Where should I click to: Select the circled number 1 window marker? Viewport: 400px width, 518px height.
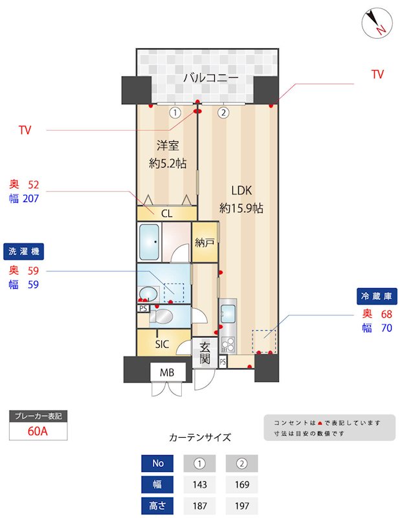point(174,112)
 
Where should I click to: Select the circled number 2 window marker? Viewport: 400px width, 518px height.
point(223,112)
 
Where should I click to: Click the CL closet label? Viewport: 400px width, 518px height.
point(166,212)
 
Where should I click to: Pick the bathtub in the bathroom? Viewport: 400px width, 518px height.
point(150,242)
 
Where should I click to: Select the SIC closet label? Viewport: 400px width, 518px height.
point(162,344)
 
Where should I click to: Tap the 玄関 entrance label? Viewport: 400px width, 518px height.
point(205,352)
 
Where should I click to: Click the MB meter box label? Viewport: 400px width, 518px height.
point(167,372)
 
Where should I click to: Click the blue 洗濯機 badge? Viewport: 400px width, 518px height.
point(27,251)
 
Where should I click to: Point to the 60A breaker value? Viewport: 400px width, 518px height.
point(38,431)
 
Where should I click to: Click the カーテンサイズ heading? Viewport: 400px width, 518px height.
point(199,437)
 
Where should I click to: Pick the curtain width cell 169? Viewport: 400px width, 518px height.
point(241,484)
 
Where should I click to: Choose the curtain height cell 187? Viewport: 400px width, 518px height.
point(200,505)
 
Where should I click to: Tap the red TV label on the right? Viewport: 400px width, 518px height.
point(377,74)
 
